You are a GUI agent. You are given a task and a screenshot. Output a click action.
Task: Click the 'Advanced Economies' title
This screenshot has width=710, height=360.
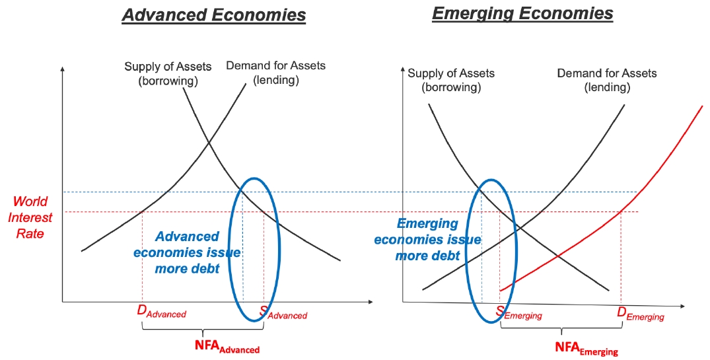pos(214,15)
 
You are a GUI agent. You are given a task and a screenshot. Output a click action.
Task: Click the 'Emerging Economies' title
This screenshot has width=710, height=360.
pos(522,14)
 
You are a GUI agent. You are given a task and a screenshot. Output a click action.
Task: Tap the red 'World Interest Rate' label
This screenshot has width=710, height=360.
pos(30,217)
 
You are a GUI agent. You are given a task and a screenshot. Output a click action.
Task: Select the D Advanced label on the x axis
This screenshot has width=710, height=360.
pos(162,312)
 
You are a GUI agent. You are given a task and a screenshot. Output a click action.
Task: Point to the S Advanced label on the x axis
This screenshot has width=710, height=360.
pos(283,312)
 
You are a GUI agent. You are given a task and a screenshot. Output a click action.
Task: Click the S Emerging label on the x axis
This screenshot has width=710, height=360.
pos(518,313)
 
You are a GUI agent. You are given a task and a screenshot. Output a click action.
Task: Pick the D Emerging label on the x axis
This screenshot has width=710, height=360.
pos(641,314)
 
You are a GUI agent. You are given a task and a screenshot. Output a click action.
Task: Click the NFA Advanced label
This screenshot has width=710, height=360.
pos(227,346)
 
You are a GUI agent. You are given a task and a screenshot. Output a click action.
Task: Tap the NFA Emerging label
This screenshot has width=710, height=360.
pos(586,348)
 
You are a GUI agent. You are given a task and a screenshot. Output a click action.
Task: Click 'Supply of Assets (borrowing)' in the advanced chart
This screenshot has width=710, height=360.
pos(168,74)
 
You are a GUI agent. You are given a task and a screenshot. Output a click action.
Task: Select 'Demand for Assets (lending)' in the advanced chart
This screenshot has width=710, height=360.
pos(276,73)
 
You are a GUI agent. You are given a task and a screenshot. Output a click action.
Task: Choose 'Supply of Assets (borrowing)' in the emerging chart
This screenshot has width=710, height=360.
pos(451,80)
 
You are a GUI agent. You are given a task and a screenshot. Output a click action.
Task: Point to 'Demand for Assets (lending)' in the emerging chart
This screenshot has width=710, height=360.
pos(607,80)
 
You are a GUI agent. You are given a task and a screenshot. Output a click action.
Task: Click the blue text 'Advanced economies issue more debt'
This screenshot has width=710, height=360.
pos(187,252)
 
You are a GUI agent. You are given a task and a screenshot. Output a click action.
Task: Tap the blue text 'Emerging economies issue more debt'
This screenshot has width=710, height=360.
pos(427,240)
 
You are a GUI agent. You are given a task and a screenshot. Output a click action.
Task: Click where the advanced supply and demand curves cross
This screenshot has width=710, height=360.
pos(209,143)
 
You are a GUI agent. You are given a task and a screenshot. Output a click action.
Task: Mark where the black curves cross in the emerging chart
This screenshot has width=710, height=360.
pos(516,225)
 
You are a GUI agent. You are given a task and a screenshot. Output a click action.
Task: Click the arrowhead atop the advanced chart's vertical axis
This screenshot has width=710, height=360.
pos(63,69)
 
